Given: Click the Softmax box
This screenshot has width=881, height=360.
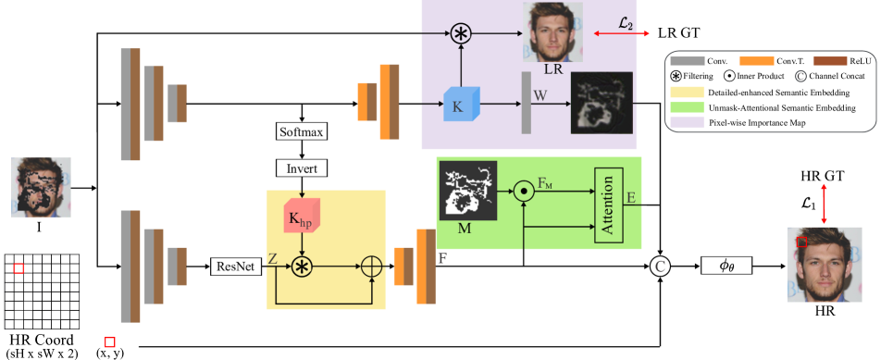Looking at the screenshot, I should coord(302,131).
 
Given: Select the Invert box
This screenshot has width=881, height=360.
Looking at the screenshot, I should coord(302,168).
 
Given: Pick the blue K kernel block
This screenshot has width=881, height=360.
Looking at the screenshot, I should coord(460,104).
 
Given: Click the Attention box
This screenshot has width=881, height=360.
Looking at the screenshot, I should coord(608,205).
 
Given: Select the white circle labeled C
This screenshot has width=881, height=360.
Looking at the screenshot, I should coord(660,267).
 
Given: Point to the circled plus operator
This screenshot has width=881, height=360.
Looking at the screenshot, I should coord(371,267).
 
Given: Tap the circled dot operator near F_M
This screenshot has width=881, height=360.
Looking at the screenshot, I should coord(524,192).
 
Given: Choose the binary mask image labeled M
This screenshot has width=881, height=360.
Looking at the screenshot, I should coord(468,191).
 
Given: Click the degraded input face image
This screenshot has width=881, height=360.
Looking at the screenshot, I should coord(41,187).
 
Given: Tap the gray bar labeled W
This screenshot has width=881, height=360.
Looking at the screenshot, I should coord(527,102).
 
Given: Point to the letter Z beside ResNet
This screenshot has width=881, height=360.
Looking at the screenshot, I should coord(273,259).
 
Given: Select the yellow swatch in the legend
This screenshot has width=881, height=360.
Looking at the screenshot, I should coord(687,93).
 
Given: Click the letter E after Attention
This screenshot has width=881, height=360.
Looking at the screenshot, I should coord(630,197).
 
